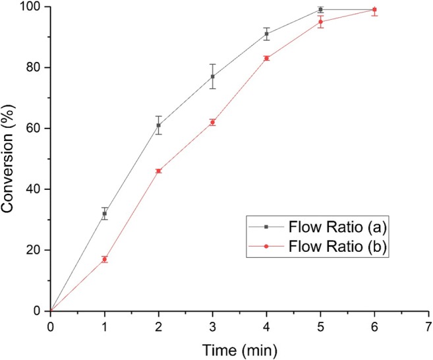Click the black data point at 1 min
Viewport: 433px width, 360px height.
104,214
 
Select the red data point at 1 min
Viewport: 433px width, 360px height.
104,259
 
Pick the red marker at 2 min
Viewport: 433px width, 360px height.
158,171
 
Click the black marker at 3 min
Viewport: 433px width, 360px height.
212,76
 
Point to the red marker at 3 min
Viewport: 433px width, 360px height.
212,122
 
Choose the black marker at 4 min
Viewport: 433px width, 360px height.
266,34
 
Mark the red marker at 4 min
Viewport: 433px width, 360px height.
266,58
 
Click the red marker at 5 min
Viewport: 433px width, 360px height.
320,22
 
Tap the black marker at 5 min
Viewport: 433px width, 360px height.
320,10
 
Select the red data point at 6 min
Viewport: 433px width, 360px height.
374,10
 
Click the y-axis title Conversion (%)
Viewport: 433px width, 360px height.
9,158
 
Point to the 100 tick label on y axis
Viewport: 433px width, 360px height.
33,7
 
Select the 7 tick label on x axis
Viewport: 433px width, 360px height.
428,325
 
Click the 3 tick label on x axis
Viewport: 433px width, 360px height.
212,325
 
